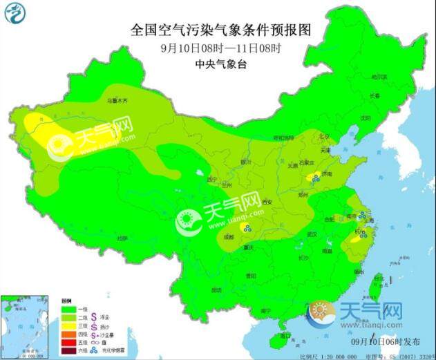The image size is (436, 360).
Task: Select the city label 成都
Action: [229, 237]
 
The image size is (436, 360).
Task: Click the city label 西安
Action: [267, 201]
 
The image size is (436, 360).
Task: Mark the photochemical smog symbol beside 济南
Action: [312, 177]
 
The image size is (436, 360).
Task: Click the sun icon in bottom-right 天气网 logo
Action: [321, 313]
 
